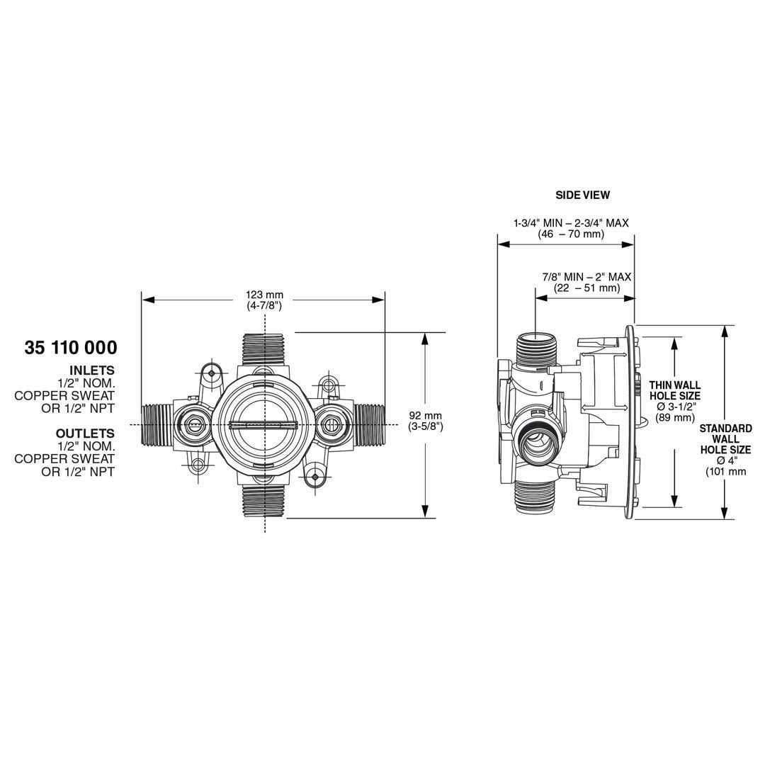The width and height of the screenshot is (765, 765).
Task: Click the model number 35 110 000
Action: [71, 348]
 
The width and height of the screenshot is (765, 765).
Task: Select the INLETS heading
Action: [91, 370]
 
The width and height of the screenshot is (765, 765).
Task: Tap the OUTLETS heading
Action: [86, 433]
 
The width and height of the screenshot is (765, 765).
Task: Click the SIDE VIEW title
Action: [582, 195]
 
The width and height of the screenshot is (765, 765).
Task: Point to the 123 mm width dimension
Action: [264, 295]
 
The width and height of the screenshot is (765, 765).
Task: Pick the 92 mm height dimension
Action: [426, 416]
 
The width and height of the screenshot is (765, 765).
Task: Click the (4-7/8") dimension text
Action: [264, 306]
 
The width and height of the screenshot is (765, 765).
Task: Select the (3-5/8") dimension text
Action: [426, 427]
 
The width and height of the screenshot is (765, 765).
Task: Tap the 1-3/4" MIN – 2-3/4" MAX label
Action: [571, 223]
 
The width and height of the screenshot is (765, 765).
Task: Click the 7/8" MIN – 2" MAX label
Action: [587, 277]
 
